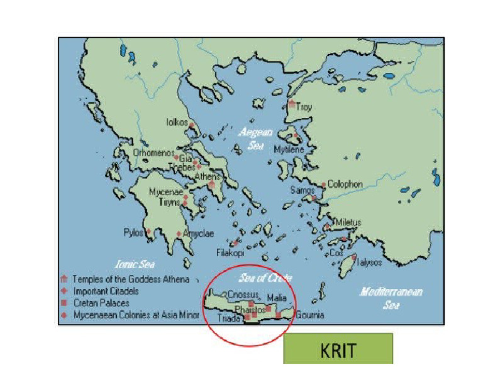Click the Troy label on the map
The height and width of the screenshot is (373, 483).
304,107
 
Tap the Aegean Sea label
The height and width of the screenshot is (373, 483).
255,138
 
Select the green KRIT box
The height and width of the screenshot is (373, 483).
338,349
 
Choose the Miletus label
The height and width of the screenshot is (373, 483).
348,222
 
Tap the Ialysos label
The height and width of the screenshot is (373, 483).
369,262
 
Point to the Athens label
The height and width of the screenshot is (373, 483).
208,176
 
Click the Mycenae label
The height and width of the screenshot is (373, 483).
165,192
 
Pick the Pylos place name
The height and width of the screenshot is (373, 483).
133,232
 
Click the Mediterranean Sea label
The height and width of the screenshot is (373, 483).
391,298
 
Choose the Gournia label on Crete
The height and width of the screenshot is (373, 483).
309,315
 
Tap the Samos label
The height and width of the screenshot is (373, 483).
302,190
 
